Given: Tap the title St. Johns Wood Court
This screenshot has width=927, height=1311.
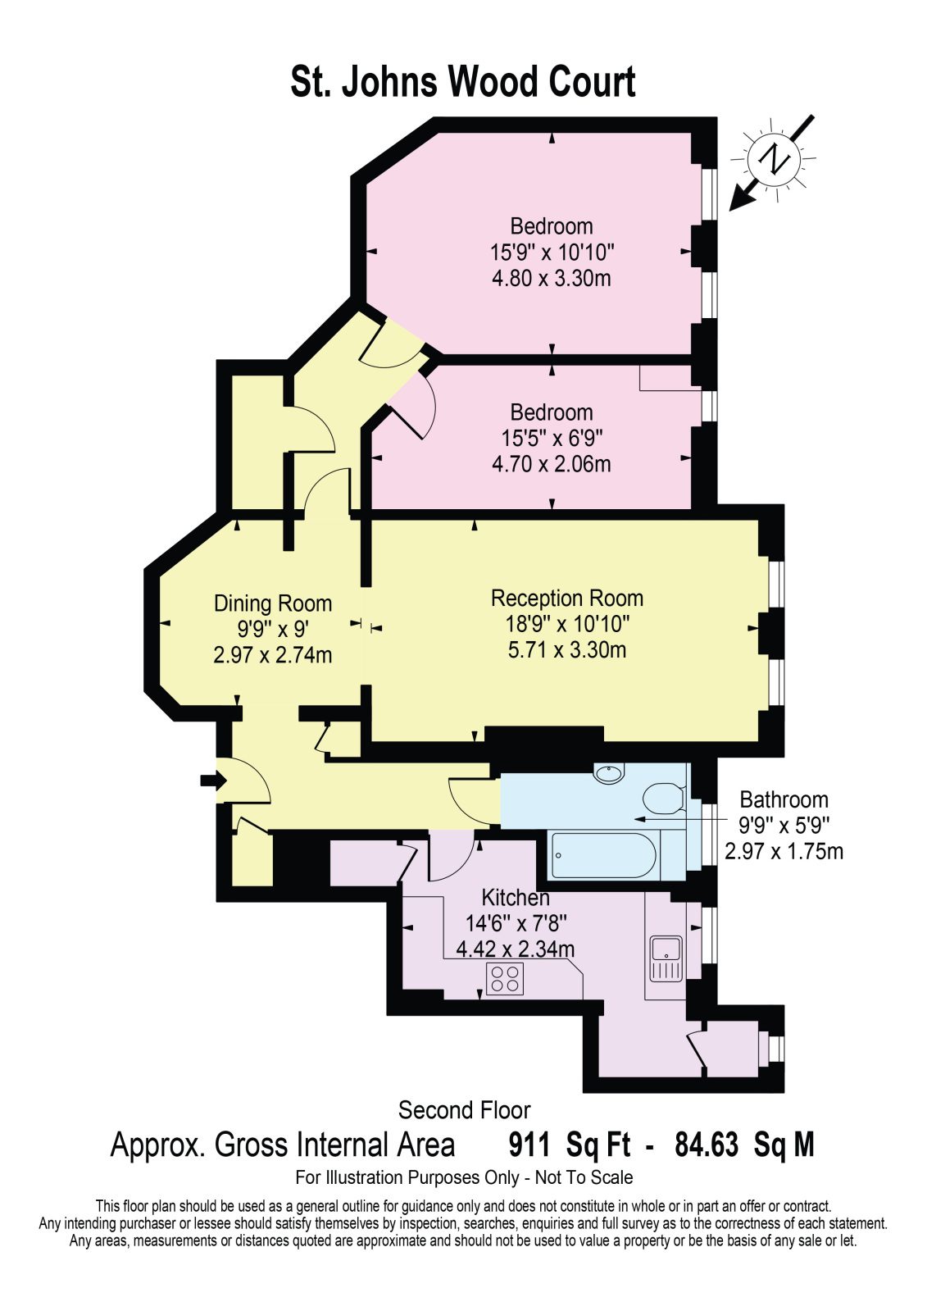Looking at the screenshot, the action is pyautogui.click(x=463, y=82).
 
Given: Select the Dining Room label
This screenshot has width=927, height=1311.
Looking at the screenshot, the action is pyautogui.click(x=273, y=603).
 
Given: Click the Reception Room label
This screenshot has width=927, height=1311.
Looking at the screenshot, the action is pyautogui.click(x=567, y=599).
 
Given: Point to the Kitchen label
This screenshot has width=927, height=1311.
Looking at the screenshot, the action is pyautogui.click(x=516, y=898).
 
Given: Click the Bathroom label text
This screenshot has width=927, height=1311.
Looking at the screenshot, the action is pyautogui.click(x=784, y=799).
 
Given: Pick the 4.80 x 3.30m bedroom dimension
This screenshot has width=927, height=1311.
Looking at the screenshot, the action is pyautogui.click(x=552, y=278).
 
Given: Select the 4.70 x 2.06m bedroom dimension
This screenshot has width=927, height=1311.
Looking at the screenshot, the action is pyautogui.click(x=552, y=464).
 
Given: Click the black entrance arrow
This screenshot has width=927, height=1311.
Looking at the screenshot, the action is pyautogui.click(x=213, y=781).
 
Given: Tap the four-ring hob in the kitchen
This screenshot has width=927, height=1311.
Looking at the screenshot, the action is pyautogui.click(x=505, y=979).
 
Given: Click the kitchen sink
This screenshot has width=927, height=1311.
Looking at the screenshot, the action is pyautogui.click(x=666, y=958).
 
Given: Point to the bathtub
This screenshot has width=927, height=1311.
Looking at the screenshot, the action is pyautogui.click(x=606, y=855).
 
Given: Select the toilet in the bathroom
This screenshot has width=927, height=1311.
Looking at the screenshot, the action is pyautogui.click(x=664, y=798).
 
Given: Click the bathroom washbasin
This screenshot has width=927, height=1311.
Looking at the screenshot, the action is pyautogui.click(x=610, y=774).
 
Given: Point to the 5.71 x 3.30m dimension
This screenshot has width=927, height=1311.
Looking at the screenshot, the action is pyautogui.click(x=567, y=650).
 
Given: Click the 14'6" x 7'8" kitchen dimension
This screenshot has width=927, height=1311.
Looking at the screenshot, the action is pyautogui.click(x=516, y=923).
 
